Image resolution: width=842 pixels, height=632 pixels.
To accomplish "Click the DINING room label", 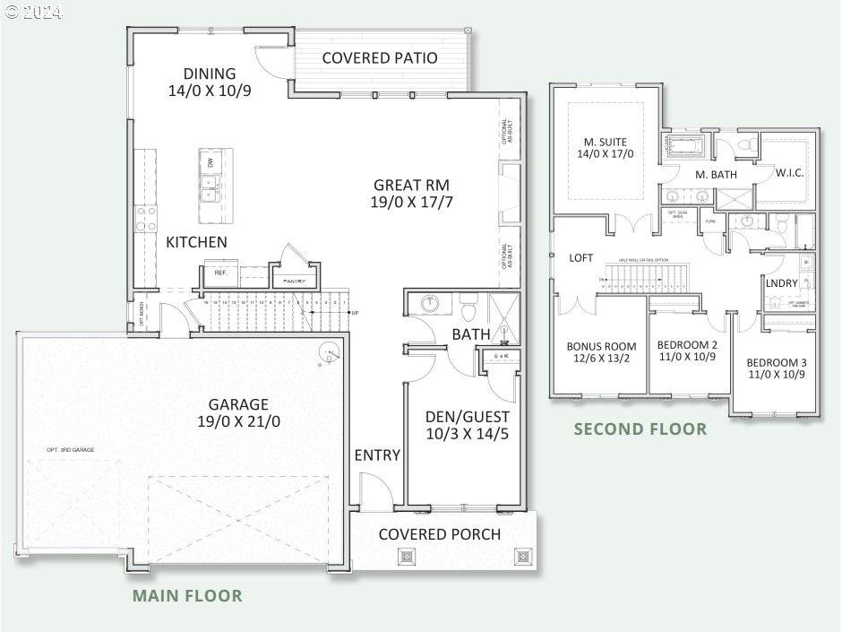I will tap(210, 74).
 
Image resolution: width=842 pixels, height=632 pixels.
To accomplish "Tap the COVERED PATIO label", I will tap(380, 58).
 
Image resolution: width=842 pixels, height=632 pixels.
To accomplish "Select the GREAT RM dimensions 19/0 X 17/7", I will tap(411, 203).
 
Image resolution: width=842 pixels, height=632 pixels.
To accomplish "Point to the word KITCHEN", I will tap(196, 242).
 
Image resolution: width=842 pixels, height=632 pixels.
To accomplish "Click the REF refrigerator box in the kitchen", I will tap(219, 273).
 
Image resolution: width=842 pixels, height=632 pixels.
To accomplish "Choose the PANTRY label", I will tap(294, 281).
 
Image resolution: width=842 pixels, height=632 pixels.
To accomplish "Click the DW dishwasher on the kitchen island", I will tap(210, 162).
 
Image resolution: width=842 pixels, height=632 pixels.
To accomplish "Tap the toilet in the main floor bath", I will tap(466, 306).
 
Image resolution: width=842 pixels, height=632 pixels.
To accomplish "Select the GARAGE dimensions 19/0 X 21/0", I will tap(238, 421).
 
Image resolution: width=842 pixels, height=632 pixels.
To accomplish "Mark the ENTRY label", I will tap(377, 455).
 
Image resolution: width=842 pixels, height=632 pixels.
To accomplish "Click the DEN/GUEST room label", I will tap(467, 416).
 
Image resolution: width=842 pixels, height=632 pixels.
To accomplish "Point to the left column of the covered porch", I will tap(407, 556).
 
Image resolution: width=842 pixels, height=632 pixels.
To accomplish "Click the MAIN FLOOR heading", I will tap(187, 595).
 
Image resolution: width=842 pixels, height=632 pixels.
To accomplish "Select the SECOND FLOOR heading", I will tap(640, 429).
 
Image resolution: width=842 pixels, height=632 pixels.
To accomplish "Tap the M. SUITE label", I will tap(606, 142).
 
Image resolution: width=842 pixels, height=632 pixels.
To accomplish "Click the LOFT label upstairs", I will tap(581, 257).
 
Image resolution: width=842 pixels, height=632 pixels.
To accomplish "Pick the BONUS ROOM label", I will tap(601, 346).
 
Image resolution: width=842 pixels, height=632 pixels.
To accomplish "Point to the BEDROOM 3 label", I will tap(777, 362).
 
